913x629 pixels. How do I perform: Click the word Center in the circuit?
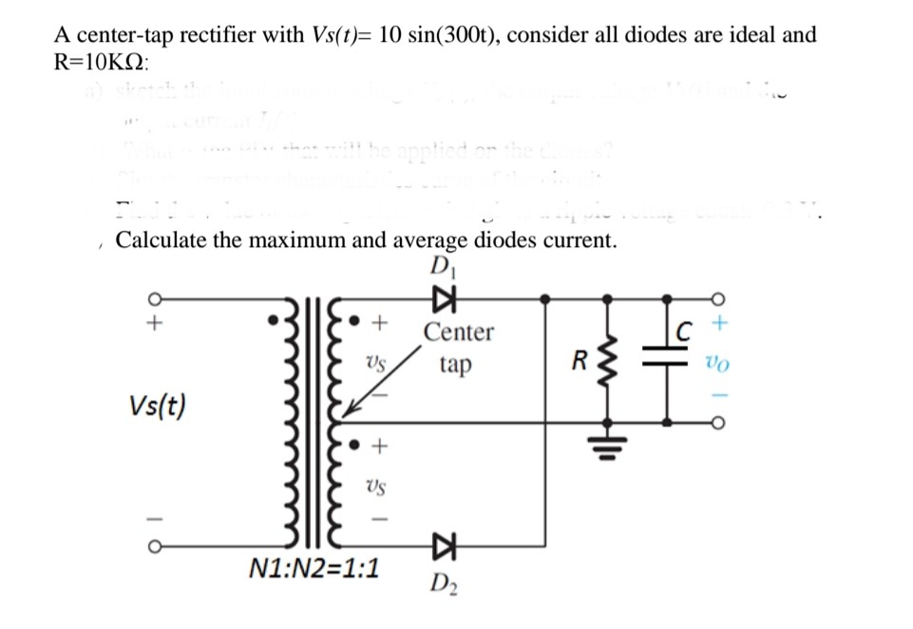point(458,333)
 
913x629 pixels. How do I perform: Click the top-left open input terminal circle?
point(150,297)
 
